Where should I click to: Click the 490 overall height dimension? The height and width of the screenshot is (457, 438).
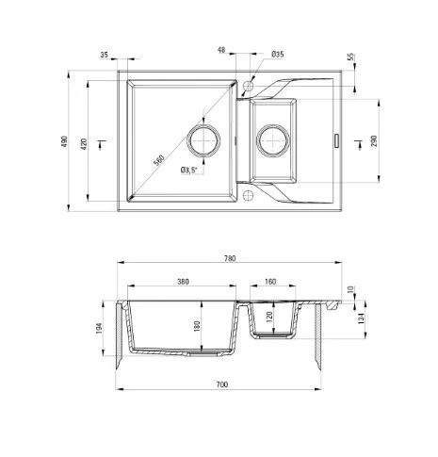click(64, 141)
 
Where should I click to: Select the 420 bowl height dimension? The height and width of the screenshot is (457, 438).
click(84, 143)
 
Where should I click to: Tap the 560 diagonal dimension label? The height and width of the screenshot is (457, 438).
click(159, 160)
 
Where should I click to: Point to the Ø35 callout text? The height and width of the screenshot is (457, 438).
click(278, 55)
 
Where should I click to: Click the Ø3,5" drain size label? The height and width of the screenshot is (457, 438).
click(189, 171)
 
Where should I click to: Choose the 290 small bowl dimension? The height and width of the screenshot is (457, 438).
click(374, 140)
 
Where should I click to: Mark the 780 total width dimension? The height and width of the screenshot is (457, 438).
click(230, 258)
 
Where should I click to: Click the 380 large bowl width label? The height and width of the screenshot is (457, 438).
click(183, 282)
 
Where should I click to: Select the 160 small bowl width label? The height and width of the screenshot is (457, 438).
click(270, 282)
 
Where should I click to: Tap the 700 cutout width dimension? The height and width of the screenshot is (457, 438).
click(222, 384)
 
